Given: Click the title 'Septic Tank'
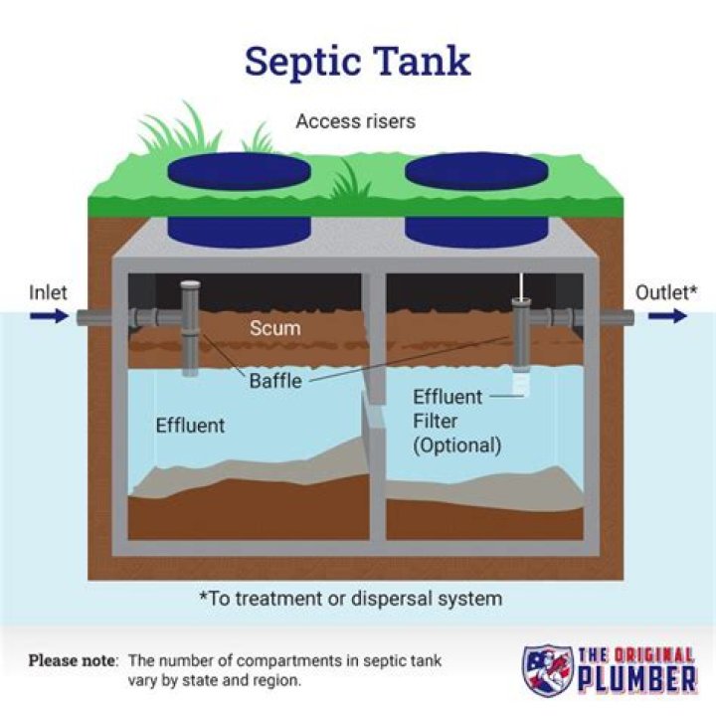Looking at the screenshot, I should (358, 61).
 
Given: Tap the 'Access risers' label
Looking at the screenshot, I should (356, 122).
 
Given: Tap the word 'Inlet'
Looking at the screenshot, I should (48, 292).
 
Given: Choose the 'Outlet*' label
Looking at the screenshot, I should (666, 292).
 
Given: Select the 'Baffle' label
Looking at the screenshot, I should (275, 380).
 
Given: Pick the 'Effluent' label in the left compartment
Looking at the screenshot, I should (190, 426).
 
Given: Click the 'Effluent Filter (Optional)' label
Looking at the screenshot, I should (456, 421).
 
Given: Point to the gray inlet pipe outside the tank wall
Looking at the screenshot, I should (92, 317).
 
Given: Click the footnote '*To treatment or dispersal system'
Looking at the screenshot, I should (349, 599).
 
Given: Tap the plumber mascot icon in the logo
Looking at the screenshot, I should (547, 669).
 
